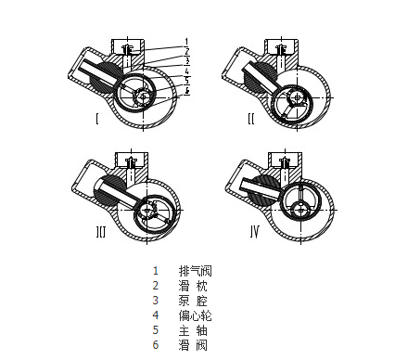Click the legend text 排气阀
tap(195, 271)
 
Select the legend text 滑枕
tap(193, 286)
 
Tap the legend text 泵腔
tap(193, 301)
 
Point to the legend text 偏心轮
tap(195, 315)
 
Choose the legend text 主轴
tap(193, 330)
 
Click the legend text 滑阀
tap(193, 345)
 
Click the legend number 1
tap(156, 271)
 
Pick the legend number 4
tap(156, 315)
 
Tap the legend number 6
tap(156, 345)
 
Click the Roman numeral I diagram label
tap(97, 119)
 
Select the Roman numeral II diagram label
tap(251, 119)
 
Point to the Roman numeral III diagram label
tap(101, 232)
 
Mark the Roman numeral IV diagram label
tap(255, 232)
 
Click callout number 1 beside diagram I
tap(186, 42)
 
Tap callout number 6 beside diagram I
tap(186, 91)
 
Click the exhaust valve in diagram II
tap(282, 49)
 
